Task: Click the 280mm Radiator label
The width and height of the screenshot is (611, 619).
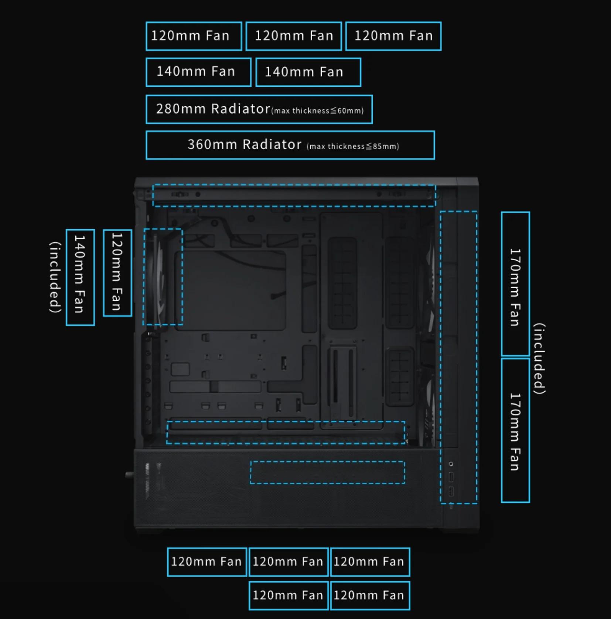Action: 259,109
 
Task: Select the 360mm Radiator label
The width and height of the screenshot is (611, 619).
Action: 290,145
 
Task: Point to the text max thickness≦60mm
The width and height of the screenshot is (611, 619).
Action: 317,111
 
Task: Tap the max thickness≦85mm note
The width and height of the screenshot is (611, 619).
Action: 353,147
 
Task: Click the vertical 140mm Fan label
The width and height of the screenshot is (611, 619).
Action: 80,277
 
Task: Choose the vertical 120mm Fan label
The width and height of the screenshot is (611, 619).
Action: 117,273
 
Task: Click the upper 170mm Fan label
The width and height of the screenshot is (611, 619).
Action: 515,284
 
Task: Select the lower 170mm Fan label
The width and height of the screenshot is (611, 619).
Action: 515,430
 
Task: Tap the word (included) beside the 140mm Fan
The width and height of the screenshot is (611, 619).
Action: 55,277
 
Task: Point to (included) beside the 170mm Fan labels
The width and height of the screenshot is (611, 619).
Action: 539,358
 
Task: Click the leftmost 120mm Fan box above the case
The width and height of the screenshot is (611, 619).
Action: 194,36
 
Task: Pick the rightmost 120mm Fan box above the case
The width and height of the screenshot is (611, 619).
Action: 393,36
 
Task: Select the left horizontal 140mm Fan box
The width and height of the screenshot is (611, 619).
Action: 198,72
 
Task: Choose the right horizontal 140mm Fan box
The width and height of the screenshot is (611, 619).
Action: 308,72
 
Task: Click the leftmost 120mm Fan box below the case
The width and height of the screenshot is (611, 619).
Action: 207,562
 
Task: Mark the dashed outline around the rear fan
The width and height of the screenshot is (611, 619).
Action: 144,277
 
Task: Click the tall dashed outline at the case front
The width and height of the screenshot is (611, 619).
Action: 440,357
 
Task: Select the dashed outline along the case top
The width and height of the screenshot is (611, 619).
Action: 294,185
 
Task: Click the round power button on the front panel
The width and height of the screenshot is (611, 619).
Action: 451,464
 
